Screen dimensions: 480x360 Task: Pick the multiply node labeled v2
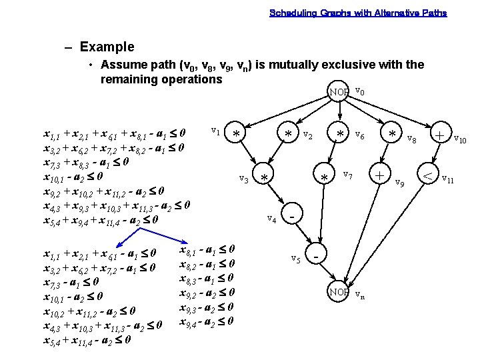click(289, 134)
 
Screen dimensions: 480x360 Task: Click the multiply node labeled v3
click(265, 178)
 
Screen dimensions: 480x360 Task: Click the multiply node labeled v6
click(340, 134)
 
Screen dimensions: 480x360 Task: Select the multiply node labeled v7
click(325, 178)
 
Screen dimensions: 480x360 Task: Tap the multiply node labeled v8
click(393, 134)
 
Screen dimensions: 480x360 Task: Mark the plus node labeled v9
click(379, 175)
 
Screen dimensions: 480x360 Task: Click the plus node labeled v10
click(440, 134)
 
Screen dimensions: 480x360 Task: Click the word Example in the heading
click(107, 47)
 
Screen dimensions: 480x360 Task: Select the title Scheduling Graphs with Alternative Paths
click(358, 13)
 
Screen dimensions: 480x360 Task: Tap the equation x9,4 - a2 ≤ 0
click(207, 321)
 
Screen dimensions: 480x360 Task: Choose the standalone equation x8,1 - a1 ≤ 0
click(207, 250)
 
